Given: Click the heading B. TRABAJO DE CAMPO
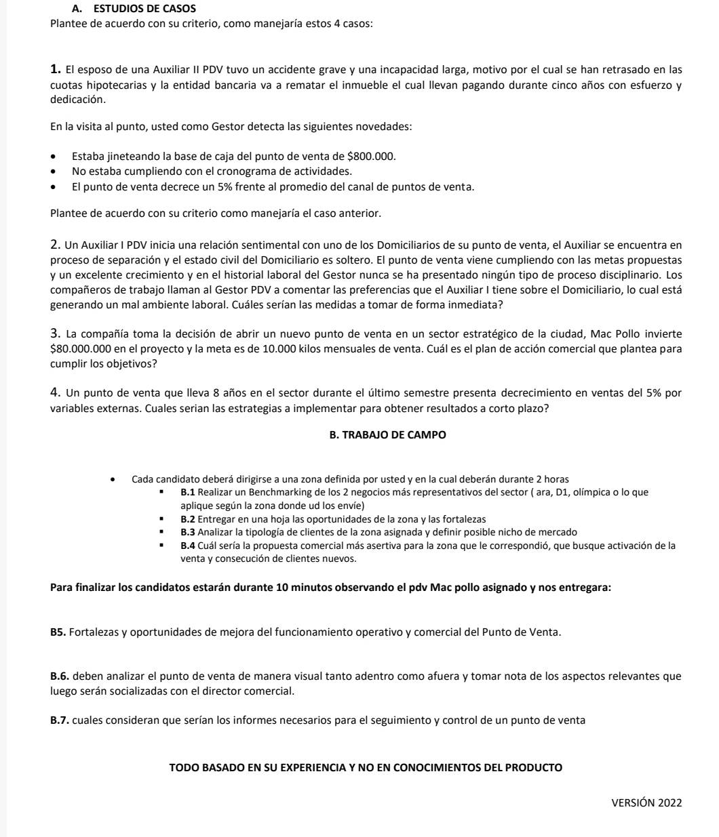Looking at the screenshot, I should [387, 434].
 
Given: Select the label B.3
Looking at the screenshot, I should [188, 532].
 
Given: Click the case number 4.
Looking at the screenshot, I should [56, 393].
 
